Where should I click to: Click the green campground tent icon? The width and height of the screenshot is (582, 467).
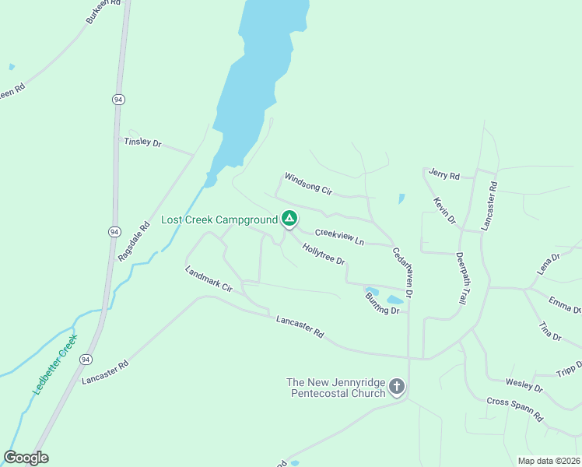pyautogui.click(x=289, y=219)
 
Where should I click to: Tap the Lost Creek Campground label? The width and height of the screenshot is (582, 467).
pyautogui.click(x=219, y=220)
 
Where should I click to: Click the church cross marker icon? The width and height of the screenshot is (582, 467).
pyautogui.click(x=397, y=387)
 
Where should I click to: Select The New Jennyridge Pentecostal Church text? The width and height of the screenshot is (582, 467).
pyautogui.click(x=337, y=388)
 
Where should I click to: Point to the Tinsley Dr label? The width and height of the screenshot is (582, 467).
pyautogui.click(x=142, y=142)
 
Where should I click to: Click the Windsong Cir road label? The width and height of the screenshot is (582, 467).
pyautogui.click(x=308, y=184)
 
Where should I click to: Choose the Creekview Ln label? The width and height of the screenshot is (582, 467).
pyautogui.click(x=339, y=237)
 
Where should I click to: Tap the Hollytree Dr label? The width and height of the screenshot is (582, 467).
pyautogui.click(x=323, y=255)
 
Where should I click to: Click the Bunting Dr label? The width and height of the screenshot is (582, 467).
pyautogui.click(x=382, y=306)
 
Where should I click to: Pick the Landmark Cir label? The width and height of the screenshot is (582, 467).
pyautogui.click(x=209, y=279)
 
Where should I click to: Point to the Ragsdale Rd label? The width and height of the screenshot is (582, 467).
pyautogui.click(x=133, y=243)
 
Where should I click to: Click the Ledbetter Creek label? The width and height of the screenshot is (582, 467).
pyautogui.click(x=55, y=364)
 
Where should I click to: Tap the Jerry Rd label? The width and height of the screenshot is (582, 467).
pyautogui.click(x=444, y=174)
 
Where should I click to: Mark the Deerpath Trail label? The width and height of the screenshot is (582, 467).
pyautogui.click(x=464, y=278)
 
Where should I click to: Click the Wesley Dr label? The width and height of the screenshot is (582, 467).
pyautogui.click(x=524, y=384)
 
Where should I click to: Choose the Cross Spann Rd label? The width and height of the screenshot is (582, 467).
pyautogui.click(x=515, y=409)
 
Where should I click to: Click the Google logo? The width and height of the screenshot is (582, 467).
pyautogui.click(x=26, y=458)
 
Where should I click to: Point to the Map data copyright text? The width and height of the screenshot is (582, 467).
pyautogui.click(x=549, y=461)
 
